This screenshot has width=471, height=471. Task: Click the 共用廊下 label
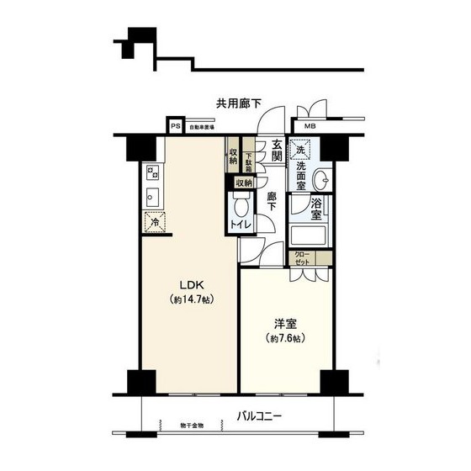pos(239,104)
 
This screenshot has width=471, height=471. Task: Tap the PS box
pos(175,127)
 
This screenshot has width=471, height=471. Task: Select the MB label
pos(310,127)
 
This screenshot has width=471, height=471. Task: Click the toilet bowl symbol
pos(241,206)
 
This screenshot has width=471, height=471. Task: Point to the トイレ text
pos(241,225)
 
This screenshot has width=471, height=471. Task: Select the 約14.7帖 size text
pos(189,300)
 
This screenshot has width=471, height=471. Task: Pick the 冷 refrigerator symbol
pos(154,223)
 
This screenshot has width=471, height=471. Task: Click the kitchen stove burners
pos(153,173)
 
